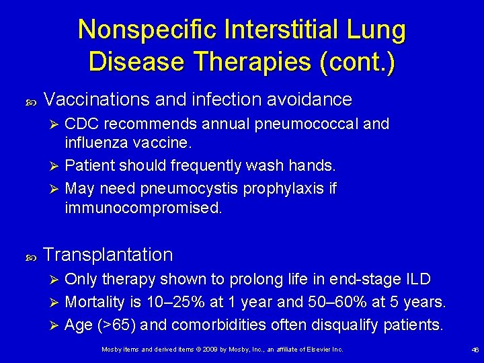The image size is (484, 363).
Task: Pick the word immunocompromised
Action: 143,208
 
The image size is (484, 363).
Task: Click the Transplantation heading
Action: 108,255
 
